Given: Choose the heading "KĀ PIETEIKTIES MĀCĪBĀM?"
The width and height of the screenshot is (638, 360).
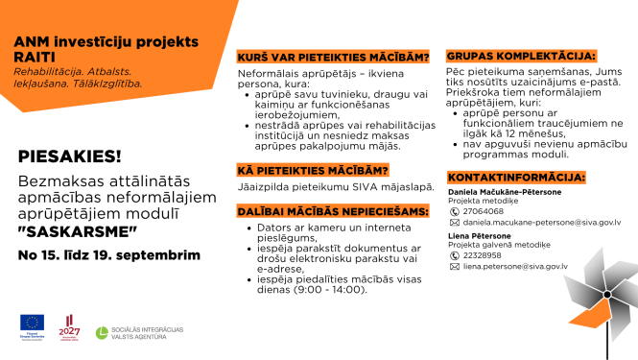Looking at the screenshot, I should (313, 171).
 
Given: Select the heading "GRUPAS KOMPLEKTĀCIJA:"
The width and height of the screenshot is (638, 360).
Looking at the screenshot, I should (522, 58).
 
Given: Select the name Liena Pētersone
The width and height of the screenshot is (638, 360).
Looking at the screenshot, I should (479, 235).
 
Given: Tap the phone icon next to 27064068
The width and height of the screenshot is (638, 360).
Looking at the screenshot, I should (455, 210).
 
